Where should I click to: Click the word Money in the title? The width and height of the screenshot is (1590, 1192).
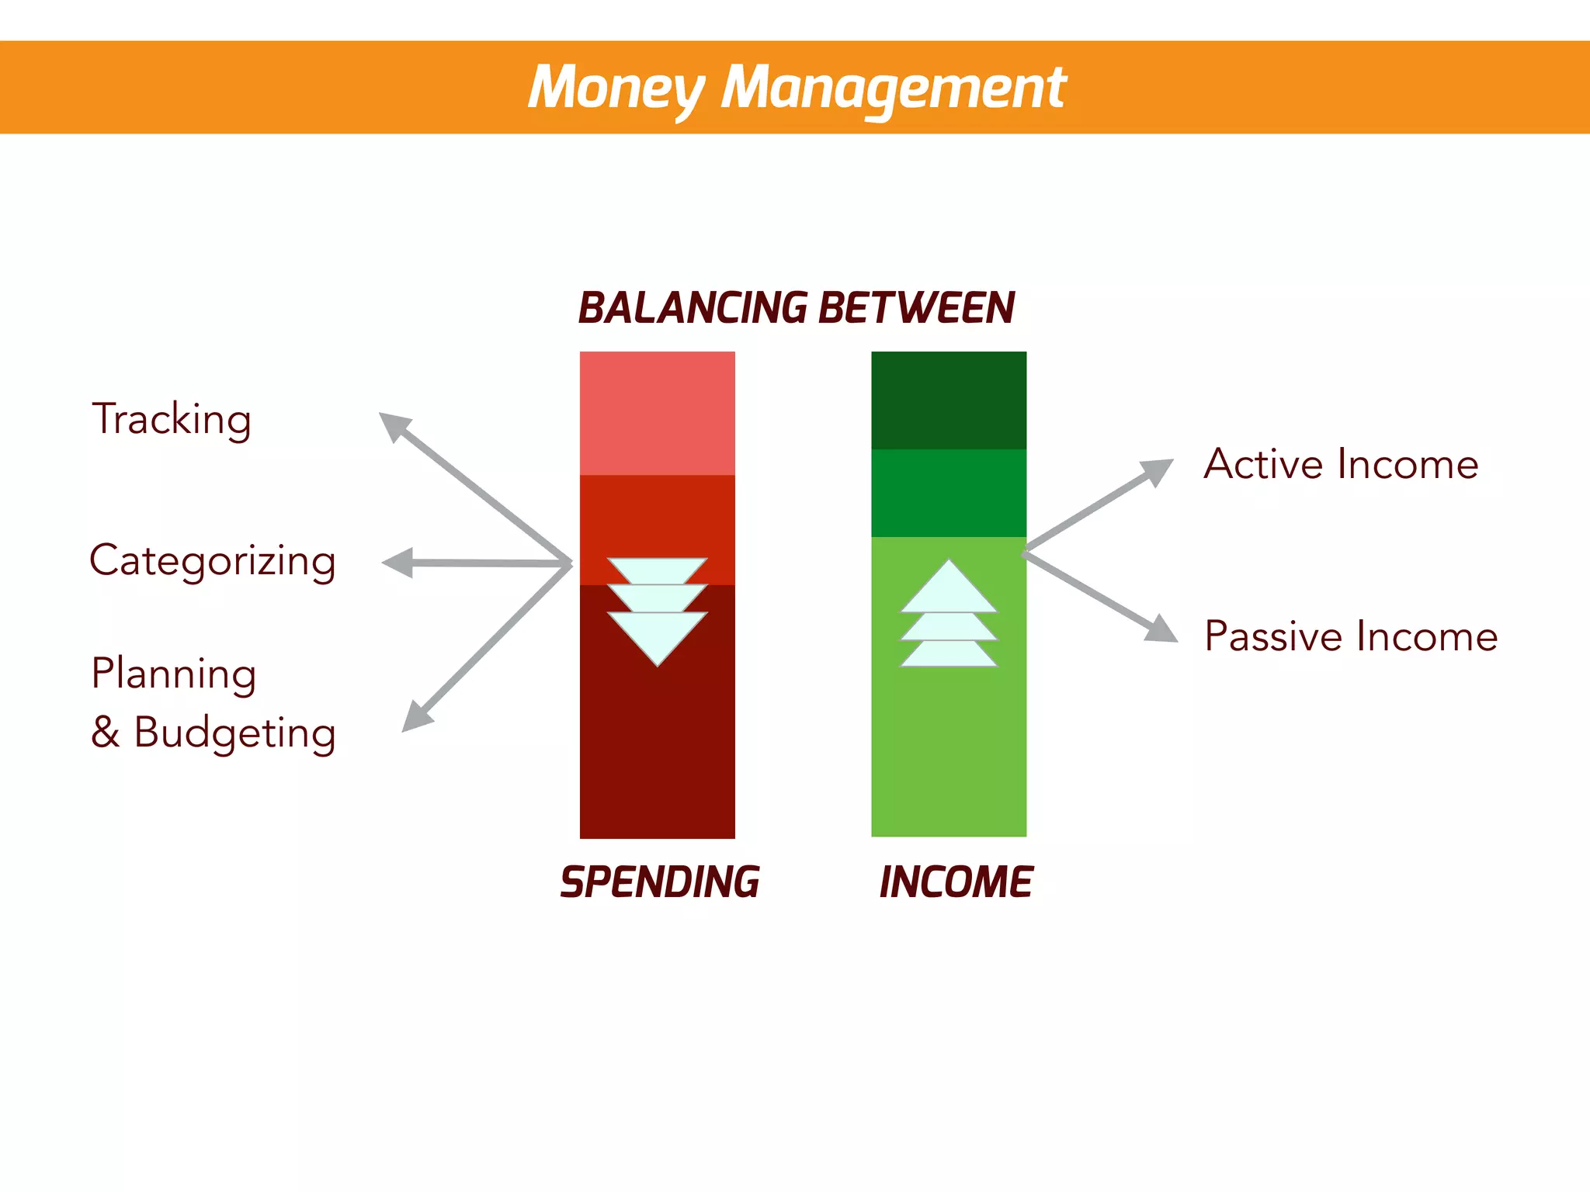(x=615, y=87)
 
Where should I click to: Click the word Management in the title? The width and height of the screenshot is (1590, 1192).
(x=893, y=87)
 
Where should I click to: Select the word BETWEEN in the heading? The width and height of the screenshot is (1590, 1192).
(x=916, y=307)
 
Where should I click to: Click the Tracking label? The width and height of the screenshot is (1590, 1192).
(x=172, y=419)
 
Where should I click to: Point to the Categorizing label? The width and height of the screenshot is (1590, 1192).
(x=213, y=560)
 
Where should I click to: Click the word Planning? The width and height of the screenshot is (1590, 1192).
(x=174, y=673)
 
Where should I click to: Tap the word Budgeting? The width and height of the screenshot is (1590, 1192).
(x=234, y=732)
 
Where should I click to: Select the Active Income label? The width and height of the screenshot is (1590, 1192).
(x=1341, y=464)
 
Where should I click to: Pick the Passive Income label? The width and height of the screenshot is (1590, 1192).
(x=1351, y=636)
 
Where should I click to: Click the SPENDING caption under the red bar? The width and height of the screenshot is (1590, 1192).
(x=660, y=882)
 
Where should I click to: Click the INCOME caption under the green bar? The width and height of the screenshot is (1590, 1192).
(x=956, y=882)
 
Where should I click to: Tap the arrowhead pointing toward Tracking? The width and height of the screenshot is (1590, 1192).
(x=394, y=425)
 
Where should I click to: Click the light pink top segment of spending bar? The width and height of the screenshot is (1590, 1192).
(x=657, y=413)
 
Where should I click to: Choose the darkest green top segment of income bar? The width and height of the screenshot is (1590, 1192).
(x=948, y=400)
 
